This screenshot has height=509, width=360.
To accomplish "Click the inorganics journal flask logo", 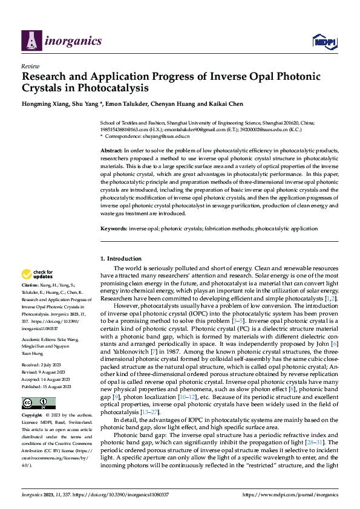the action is pos(31,41).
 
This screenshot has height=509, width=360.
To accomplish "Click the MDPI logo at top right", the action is pos(324,41).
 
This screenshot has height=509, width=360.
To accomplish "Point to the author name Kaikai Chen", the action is pos(229,104).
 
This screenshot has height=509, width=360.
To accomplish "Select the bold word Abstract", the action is pos(111,149).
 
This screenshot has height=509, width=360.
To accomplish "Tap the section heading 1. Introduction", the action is pos(120,259).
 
